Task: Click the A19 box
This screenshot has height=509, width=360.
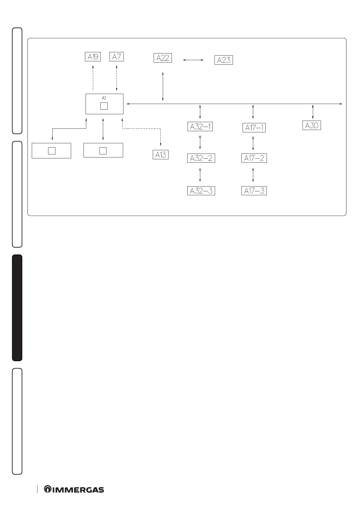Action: [93, 57]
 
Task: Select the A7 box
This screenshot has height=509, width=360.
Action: [116, 57]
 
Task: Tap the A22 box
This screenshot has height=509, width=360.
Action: [163, 58]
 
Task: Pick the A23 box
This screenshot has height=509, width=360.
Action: [224, 60]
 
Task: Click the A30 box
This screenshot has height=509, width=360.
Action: [312, 125]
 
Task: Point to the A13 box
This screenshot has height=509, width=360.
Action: [160, 155]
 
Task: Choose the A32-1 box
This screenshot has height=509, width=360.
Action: [200, 127]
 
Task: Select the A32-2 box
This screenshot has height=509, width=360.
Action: [201, 158]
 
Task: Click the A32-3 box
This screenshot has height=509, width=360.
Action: [201, 191]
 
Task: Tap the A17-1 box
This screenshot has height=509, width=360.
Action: [254, 128]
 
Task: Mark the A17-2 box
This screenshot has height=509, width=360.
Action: [254, 158]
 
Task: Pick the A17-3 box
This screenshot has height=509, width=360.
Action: [254, 191]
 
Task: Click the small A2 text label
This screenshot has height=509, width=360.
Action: [104, 98]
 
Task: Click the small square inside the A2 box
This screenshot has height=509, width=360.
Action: [104, 106]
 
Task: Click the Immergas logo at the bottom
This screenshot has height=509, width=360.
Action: [74, 489]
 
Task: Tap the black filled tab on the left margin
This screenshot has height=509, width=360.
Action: [17, 308]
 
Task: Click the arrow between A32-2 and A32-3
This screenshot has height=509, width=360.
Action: [200, 174]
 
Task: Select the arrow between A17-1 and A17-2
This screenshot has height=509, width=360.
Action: [253, 144]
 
